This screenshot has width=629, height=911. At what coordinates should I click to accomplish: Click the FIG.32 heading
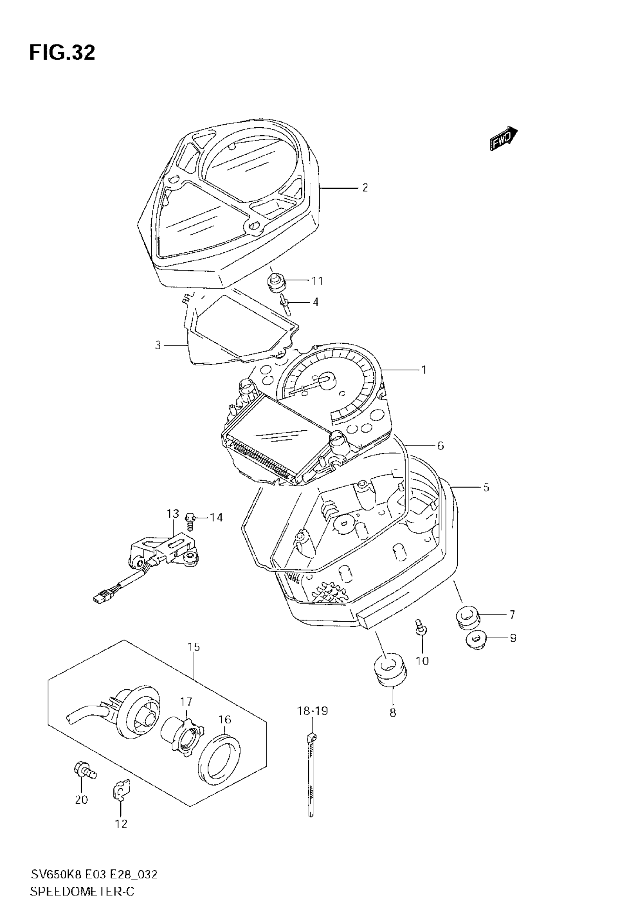(62, 53)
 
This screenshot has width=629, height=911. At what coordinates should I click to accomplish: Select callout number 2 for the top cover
(365, 188)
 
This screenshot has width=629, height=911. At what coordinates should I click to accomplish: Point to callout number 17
(186, 702)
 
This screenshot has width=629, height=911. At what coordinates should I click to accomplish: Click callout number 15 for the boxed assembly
(194, 647)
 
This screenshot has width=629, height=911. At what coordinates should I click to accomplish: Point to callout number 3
(158, 346)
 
